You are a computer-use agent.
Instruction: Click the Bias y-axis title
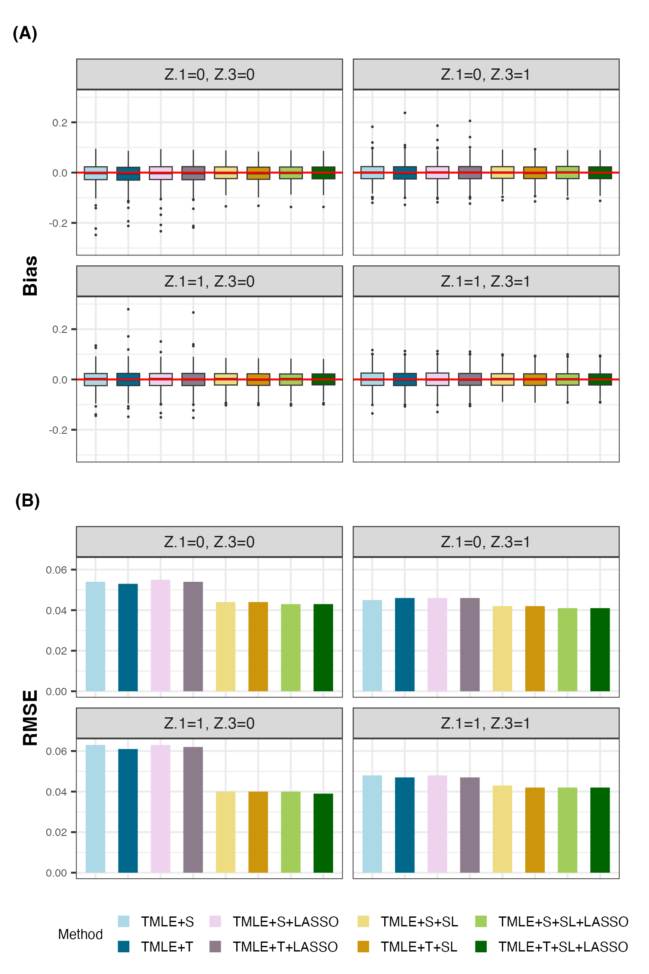pyautogui.click(x=31, y=276)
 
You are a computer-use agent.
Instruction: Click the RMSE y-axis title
pyautogui.click(x=31, y=717)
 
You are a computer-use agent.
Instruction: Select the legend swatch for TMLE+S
pyautogui.click(x=123, y=921)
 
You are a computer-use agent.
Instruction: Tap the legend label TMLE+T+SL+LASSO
pyautogui.click(x=563, y=947)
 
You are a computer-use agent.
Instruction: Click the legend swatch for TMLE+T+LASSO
pyautogui.click(x=215, y=947)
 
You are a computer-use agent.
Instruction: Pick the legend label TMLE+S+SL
pyautogui.click(x=419, y=922)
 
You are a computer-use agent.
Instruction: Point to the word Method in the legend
pyautogui.click(x=80, y=934)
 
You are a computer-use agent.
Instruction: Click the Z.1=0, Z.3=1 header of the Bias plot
pyautogui.click(x=485, y=74)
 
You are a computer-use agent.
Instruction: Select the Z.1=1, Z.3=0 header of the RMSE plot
pyautogui.click(x=209, y=723)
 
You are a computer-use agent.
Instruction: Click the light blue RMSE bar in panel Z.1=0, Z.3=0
pyautogui.click(x=96, y=636)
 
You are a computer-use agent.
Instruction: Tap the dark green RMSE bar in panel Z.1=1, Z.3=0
pyautogui.click(x=323, y=833)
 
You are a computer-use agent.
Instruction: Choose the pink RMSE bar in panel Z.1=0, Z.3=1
pyautogui.click(x=437, y=645)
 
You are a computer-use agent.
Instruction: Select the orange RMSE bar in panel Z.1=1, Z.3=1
pyautogui.click(x=535, y=830)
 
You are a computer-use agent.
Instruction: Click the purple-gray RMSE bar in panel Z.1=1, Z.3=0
pyautogui.click(x=193, y=810)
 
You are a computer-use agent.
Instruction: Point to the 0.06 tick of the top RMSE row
pyautogui.click(x=57, y=570)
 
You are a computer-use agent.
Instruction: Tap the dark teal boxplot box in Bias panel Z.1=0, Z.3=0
pyautogui.click(x=128, y=174)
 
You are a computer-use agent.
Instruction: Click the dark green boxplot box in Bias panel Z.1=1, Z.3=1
pyautogui.click(x=600, y=379)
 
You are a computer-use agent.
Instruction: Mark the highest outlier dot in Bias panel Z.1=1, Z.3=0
pyautogui.click(x=128, y=309)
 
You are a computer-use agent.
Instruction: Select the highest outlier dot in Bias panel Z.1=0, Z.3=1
pyautogui.click(x=405, y=113)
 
